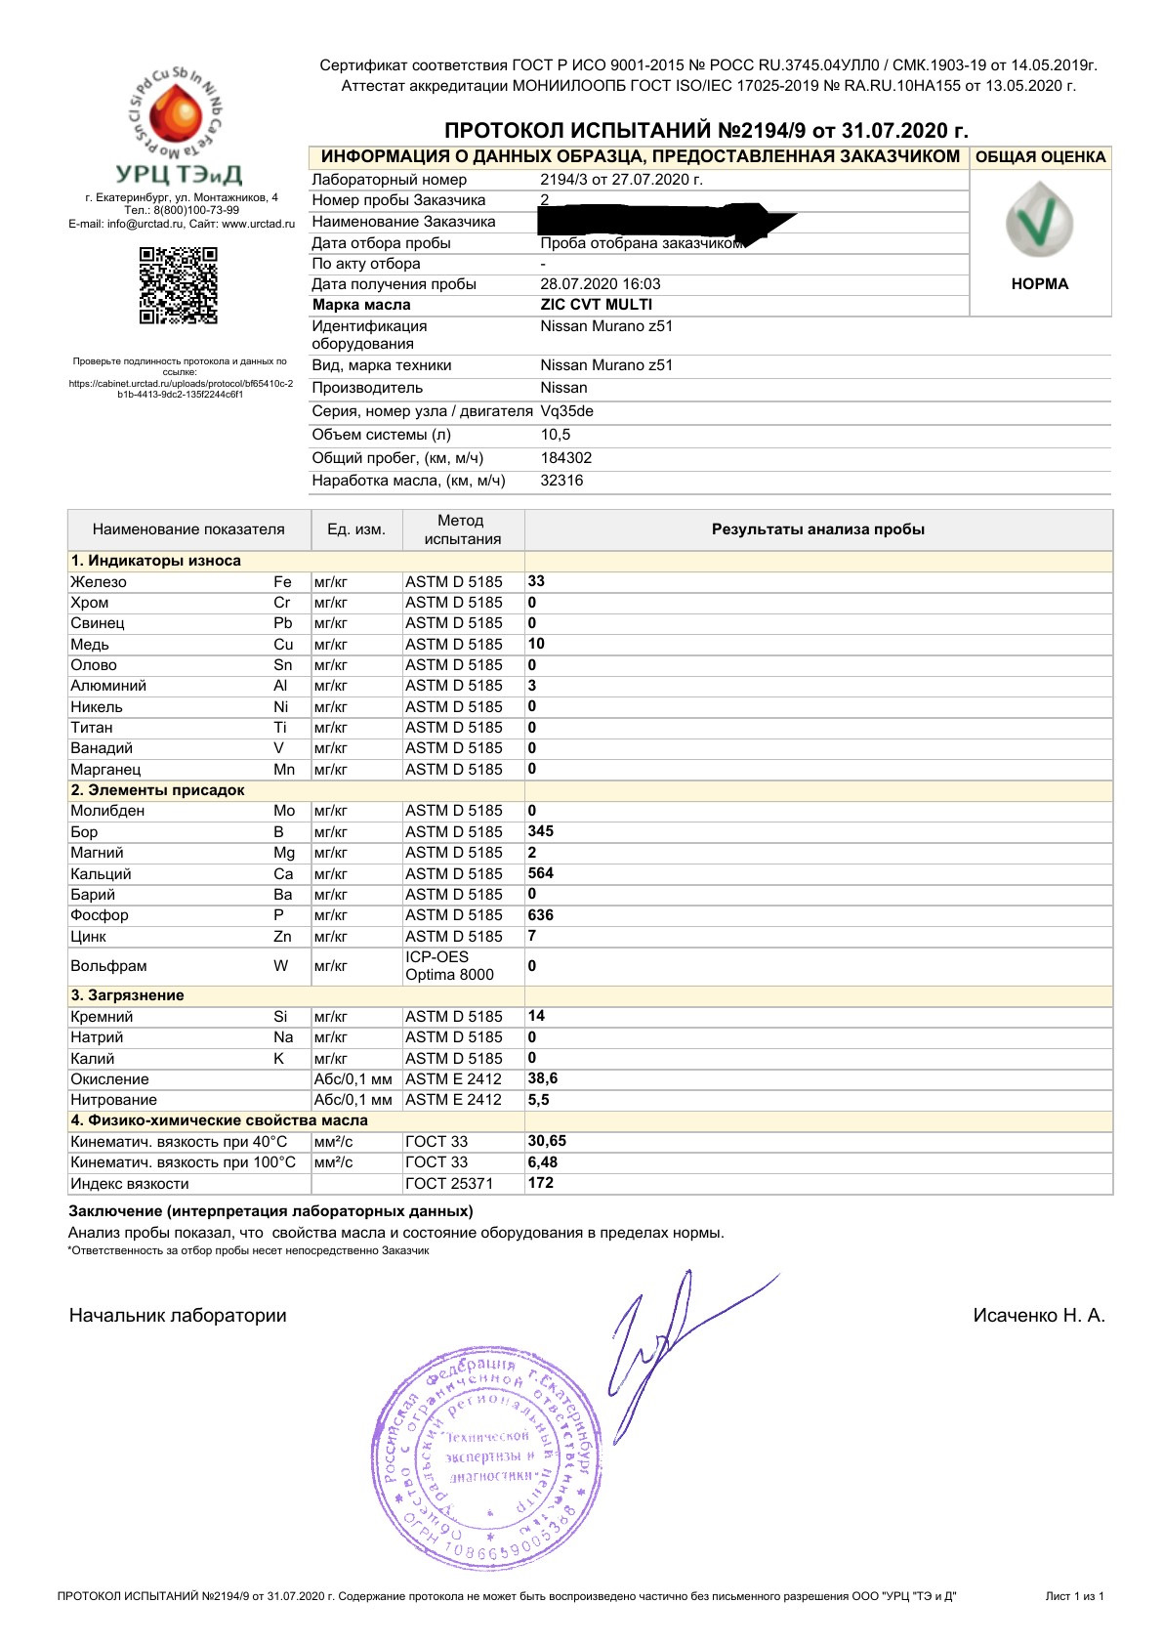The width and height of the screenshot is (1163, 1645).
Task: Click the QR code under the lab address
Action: [x=179, y=285]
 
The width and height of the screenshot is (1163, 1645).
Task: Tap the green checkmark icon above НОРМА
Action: [x=1039, y=221]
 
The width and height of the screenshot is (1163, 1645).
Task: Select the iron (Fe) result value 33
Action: [x=536, y=581]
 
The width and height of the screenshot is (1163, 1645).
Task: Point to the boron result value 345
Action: [x=540, y=831]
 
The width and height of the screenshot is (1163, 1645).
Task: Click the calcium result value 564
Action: [x=540, y=873]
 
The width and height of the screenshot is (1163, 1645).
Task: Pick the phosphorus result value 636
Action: [x=540, y=915]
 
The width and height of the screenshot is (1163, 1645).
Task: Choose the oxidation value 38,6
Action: [x=543, y=1078]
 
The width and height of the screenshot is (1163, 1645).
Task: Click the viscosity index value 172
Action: [x=540, y=1183]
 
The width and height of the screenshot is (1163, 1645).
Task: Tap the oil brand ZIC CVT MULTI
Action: [x=596, y=305]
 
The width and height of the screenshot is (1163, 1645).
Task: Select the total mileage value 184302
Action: [x=566, y=458]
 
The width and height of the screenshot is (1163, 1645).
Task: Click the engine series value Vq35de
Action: [x=566, y=411]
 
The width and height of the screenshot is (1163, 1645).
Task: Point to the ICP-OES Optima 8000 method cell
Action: [x=450, y=966]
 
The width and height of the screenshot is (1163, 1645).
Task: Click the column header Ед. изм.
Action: [x=356, y=529]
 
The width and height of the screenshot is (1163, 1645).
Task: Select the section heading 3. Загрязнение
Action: [x=127, y=995]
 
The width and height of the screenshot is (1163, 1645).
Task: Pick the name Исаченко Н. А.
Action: [x=1039, y=1316]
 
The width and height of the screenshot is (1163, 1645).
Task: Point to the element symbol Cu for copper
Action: [x=283, y=645]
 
